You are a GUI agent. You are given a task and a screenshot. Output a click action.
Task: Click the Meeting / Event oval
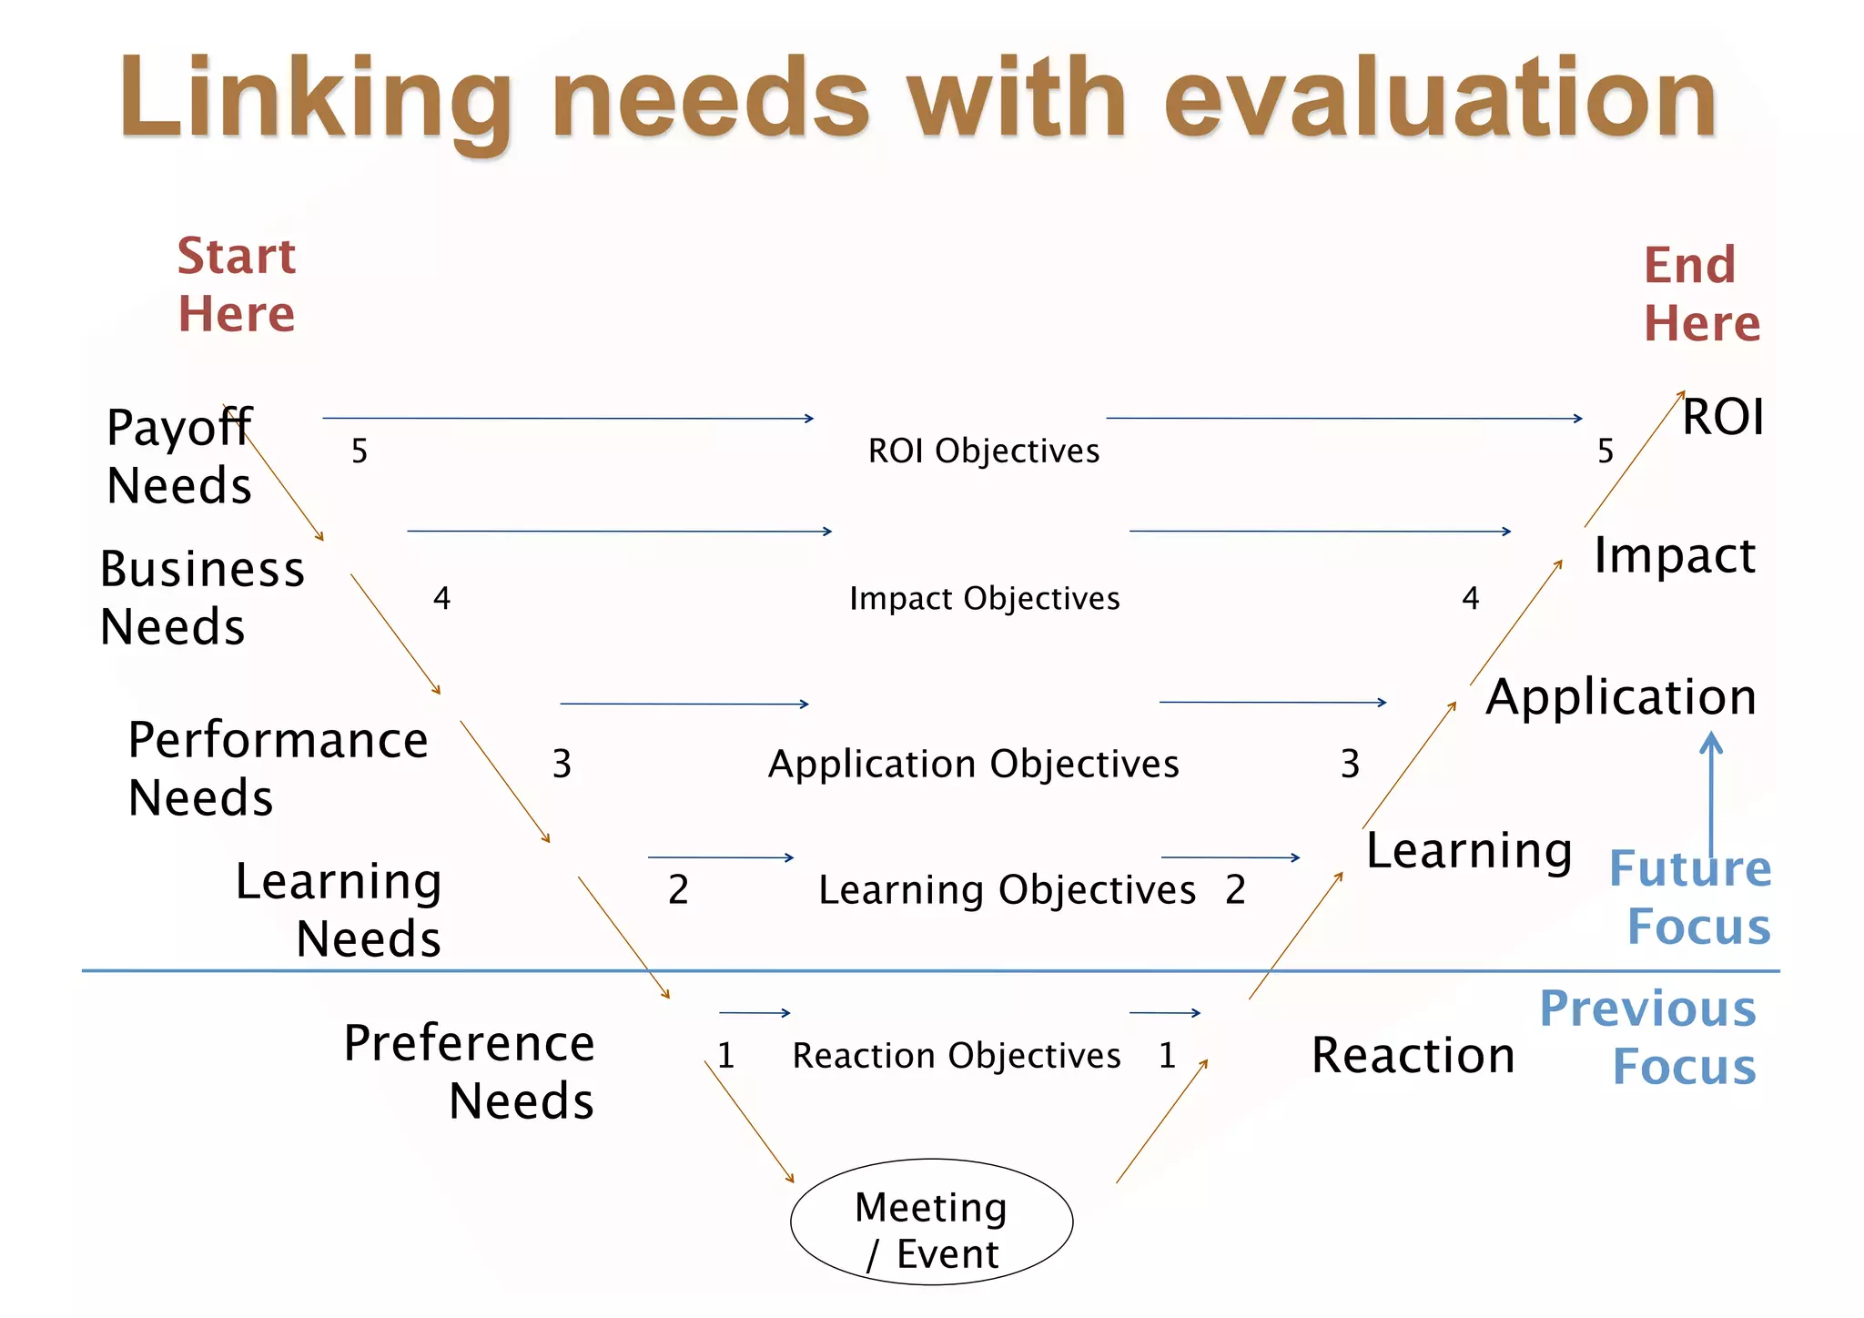[x=931, y=1222]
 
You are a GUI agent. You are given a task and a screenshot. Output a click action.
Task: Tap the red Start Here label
[x=237, y=284]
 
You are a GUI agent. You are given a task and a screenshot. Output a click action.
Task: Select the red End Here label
[x=1701, y=294]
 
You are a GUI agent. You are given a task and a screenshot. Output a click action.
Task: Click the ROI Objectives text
[x=983, y=451]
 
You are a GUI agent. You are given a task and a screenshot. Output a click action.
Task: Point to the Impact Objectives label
[x=984, y=598]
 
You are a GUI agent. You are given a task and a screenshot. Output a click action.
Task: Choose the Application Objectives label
[x=973, y=764]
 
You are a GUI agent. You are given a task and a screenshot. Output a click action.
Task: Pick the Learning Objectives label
[x=1007, y=889]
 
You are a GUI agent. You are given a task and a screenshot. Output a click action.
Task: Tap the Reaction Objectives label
[x=956, y=1055]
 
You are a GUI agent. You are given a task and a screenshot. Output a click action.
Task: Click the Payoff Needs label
[x=179, y=455]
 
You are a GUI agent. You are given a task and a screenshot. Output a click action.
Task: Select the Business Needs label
[x=201, y=597]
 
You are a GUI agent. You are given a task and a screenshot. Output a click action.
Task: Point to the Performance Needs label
[x=277, y=768]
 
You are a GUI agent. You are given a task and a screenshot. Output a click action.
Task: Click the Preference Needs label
[x=470, y=1071]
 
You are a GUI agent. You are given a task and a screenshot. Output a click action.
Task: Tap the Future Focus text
[x=1692, y=897]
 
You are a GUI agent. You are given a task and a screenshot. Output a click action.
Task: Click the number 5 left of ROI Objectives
[x=360, y=451]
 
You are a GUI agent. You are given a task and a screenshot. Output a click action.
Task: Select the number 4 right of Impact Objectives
[x=1470, y=598]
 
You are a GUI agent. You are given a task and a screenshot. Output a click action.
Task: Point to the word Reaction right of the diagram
[x=1413, y=1055]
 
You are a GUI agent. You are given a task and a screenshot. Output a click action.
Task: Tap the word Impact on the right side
[x=1675, y=555]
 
